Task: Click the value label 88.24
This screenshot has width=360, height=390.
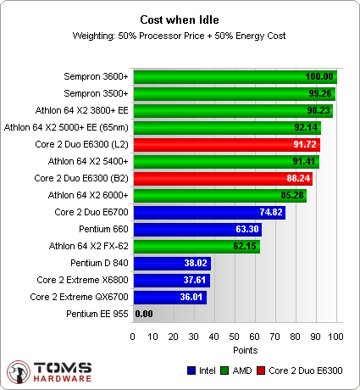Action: (x=298, y=179)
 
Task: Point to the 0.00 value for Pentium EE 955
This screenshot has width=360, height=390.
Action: (x=144, y=315)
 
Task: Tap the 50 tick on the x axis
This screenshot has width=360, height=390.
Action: (x=235, y=337)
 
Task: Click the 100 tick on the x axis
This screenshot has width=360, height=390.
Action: (x=336, y=337)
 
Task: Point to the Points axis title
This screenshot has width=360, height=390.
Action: (x=235, y=349)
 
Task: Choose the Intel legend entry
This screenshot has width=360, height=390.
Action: (x=199, y=370)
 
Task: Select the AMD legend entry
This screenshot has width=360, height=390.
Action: (x=238, y=370)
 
